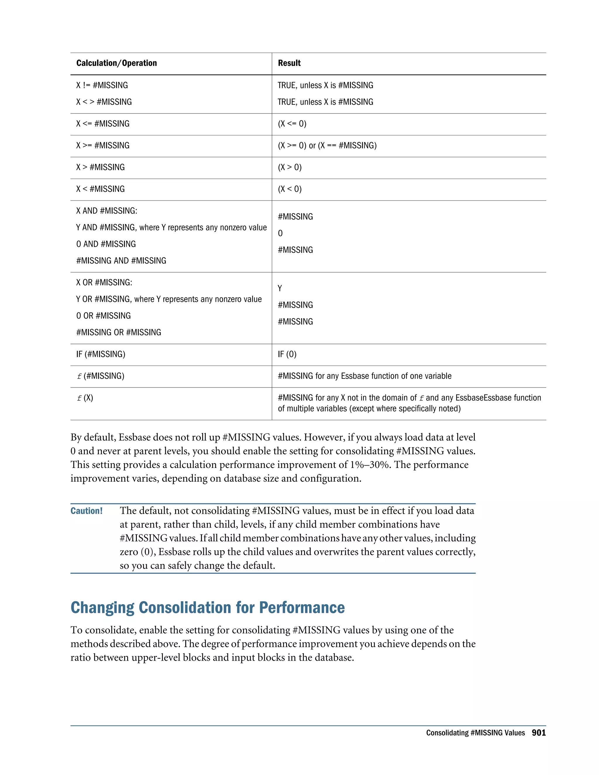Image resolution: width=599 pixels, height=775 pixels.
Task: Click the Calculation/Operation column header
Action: pos(116,63)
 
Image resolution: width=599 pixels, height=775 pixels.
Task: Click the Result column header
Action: pos(289,63)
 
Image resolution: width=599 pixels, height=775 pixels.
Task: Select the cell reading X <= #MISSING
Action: pos(103,124)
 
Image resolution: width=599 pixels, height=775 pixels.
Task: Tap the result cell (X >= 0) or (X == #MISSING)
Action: pos(327,145)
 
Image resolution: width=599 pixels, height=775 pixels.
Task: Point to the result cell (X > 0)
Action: pos(290,167)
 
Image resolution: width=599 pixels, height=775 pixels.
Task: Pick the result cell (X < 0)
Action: pos(290,189)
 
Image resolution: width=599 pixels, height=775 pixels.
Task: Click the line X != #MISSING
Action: pos(102,85)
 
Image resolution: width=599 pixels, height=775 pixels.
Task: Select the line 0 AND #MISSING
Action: pos(106,244)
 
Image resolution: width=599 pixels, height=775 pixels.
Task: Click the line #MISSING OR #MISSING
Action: pos(118,333)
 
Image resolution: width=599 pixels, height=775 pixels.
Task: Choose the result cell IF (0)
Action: pos(287,354)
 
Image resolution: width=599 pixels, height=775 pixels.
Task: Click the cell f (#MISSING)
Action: pos(100,376)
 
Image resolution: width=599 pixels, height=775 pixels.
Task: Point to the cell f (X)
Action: pos(85,398)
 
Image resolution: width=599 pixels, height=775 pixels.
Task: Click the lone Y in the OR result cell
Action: pos(280,288)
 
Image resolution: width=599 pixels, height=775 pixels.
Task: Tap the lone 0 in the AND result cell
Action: pos(280,233)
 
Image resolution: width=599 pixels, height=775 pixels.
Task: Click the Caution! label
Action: pos(86,511)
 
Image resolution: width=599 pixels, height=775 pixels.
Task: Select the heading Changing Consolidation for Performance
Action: pos(208,607)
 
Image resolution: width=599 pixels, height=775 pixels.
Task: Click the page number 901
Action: pos(538,733)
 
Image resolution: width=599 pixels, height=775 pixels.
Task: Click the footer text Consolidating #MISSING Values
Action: pos(475,733)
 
